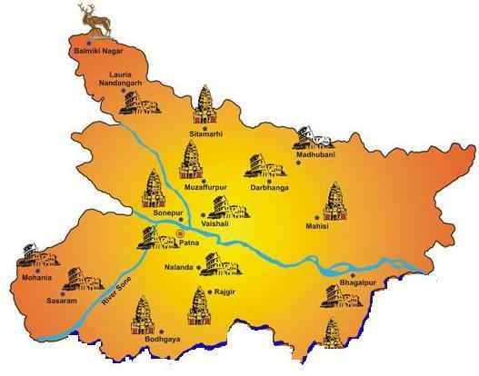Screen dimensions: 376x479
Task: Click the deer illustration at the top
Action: [x=87, y=15]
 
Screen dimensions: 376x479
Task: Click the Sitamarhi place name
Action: [x=206, y=134]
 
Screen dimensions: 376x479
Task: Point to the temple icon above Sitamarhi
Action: [x=206, y=104]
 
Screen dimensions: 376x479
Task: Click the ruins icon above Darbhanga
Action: [x=259, y=165]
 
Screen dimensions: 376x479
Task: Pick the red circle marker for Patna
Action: [x=179, y=233]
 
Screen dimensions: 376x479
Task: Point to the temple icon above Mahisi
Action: [x=334, y=199]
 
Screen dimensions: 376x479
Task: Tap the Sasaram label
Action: [x=74, y=297]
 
